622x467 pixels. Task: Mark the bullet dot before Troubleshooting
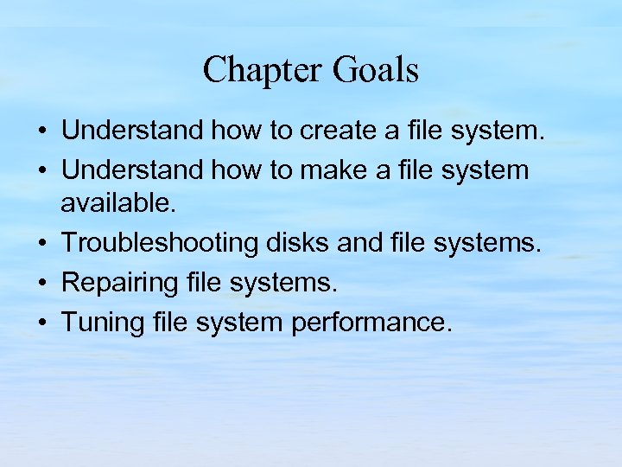(41, 244)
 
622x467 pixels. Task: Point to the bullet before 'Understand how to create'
(41, 131)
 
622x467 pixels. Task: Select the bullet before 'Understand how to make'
(41, 171)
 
